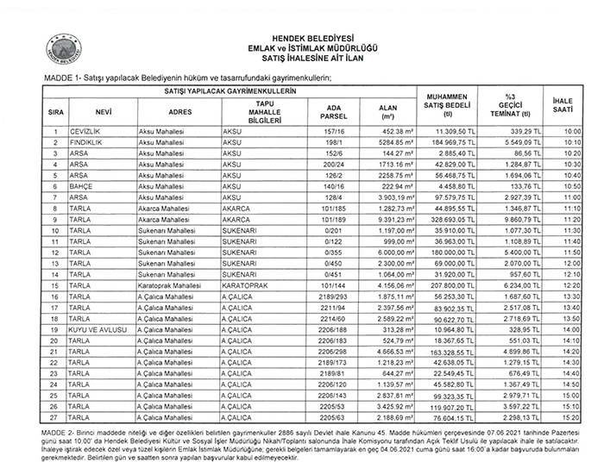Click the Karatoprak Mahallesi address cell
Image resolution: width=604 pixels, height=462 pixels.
168,285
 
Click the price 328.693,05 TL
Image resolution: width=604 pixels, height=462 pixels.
448,219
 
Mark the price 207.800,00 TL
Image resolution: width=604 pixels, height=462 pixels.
448,285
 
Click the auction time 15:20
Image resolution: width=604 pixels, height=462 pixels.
573,417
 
